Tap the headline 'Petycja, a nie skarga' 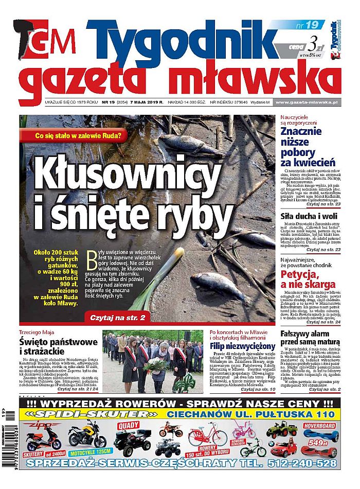pos(308,278)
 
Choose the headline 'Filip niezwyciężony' pos(243,346)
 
